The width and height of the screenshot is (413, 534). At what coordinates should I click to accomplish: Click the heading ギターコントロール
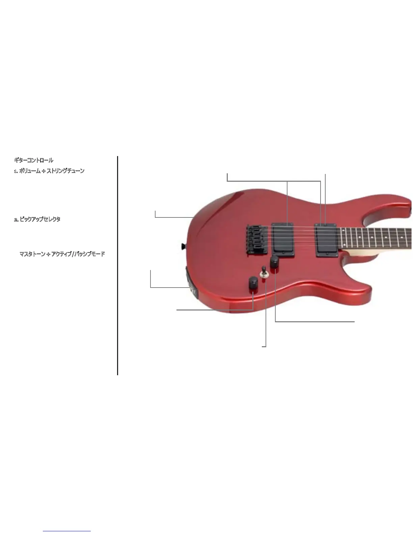pos(33,160)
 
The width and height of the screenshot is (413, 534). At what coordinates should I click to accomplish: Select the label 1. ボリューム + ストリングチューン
pos(49,171)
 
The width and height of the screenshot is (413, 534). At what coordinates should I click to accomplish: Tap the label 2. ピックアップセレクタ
pos(37,219)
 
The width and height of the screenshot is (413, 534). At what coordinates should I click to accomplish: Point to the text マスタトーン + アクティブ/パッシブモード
pos(62,254)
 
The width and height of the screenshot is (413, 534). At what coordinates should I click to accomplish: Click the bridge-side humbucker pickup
pos(284,238)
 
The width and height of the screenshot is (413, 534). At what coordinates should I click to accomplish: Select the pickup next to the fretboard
pos(326,240)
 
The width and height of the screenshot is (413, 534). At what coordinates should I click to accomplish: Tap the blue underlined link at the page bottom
pos(67,531)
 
